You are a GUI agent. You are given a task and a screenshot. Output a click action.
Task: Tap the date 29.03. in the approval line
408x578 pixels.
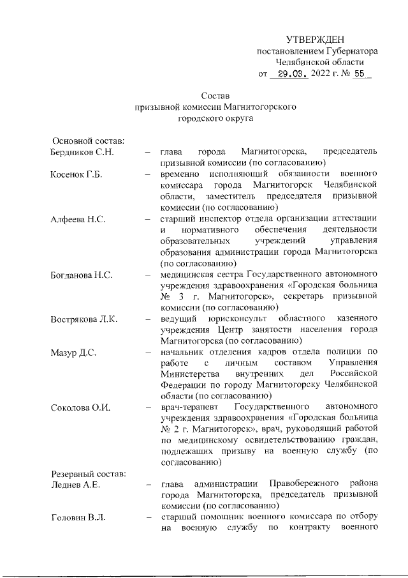tap(289, 73)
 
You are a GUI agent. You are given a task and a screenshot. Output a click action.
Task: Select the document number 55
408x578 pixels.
tap(358, 73)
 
